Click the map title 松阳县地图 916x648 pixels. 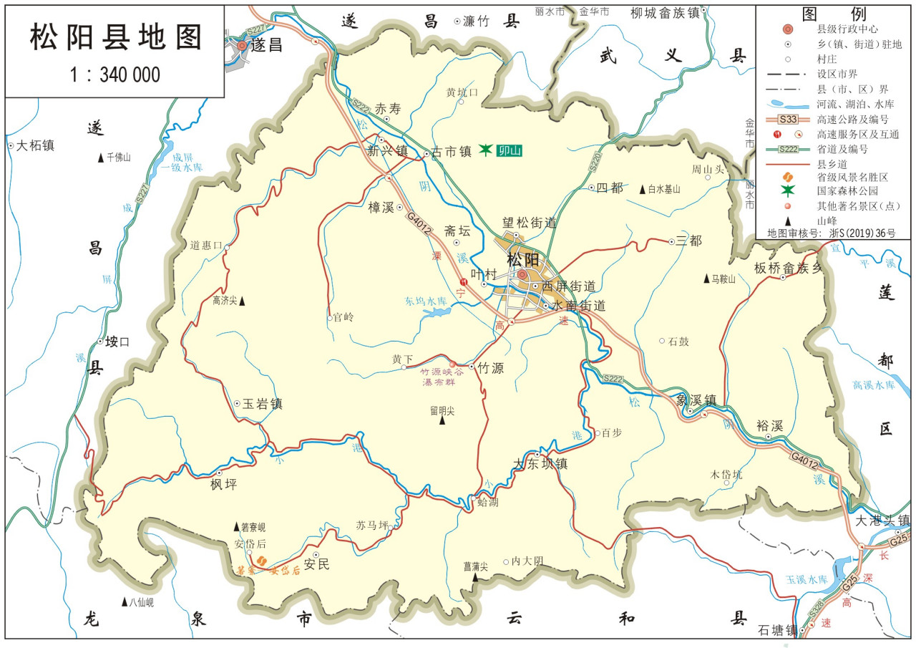click(115, 37)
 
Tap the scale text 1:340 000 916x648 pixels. click(115, 74)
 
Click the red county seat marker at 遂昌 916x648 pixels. click(242, 45)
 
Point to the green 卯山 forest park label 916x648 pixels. click(510, 150)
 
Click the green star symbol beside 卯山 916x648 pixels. click(486, 149)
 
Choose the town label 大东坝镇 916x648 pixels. click(541, 464)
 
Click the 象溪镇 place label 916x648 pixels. click(696, 401)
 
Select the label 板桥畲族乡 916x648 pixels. click(789, 269)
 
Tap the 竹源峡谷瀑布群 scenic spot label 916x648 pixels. click(442, 377)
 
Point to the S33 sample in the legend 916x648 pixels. click(788, 119)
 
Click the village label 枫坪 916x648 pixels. click(223, 485)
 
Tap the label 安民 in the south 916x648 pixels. click(317, 564)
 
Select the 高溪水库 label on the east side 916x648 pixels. click(874, 385)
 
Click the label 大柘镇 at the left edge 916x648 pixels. click(36, 146)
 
